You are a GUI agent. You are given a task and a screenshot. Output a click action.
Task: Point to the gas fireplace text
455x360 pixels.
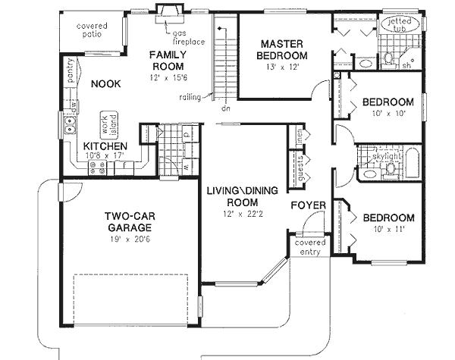pos(186,39)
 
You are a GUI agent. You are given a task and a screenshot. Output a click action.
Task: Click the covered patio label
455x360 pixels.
pos(92,30)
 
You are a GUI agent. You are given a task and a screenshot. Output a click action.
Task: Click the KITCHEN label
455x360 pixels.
pos(105,146)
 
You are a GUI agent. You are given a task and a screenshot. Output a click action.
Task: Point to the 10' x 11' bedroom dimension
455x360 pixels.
pos(387,230)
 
